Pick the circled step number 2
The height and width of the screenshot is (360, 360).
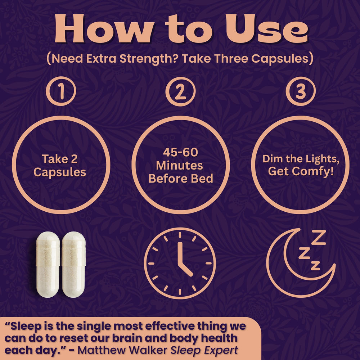(180, 91)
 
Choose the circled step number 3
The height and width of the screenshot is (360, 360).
(300, 91)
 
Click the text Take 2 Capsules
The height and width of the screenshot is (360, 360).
(60, 165)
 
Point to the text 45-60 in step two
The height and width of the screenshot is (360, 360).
(180, 152)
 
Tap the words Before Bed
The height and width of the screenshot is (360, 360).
(180, 178)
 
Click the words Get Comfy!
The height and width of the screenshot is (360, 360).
(301, 171)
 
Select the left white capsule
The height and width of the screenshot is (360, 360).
(48, 264)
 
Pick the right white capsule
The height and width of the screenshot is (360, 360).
(73, 264)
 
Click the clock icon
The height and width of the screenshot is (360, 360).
(180, 263)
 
